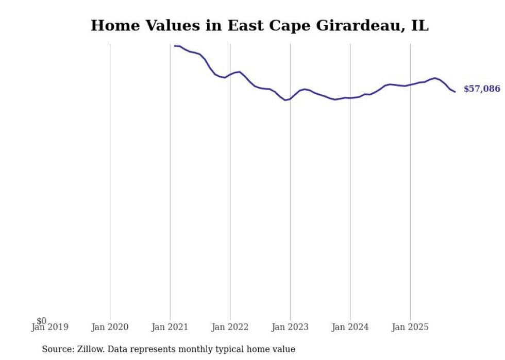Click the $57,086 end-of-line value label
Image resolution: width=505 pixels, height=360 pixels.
click(481, 89)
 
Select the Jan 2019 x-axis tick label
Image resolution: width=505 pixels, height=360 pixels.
click(50, 327)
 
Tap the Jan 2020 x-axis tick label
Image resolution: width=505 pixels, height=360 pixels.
click(110, 327)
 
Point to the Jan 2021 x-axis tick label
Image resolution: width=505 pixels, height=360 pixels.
click(170, 327)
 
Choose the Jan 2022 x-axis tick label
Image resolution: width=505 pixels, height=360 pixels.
click(230, 327)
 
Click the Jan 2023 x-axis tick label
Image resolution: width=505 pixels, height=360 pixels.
click(290, 327)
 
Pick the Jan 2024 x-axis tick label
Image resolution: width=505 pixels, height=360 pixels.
click(350, 327)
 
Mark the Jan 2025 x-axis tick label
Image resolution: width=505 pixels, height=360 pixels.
click(410, 327)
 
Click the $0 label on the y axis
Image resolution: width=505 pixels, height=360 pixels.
click(41, 321)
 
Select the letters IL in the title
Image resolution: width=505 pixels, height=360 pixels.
click(419, 26)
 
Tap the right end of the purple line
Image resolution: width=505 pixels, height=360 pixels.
click(455, 92)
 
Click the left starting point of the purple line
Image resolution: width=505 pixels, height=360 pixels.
click(174, 46)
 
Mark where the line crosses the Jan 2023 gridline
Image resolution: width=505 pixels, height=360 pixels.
click(290, 99)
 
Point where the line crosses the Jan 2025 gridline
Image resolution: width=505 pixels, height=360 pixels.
click(410, 84)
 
